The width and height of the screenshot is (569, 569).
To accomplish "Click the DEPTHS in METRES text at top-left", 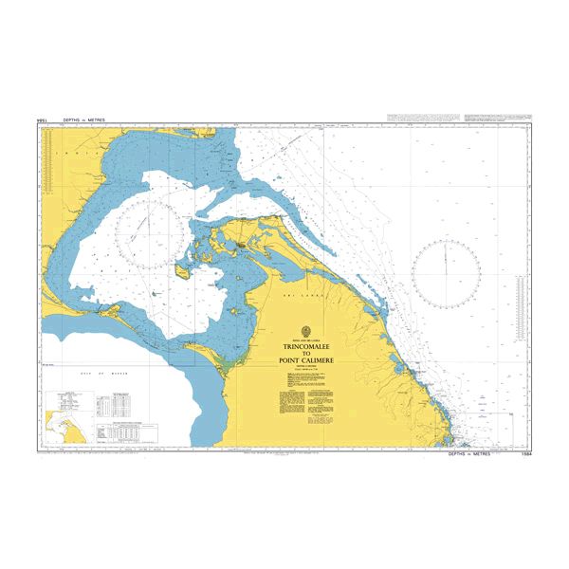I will [83, 121].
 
